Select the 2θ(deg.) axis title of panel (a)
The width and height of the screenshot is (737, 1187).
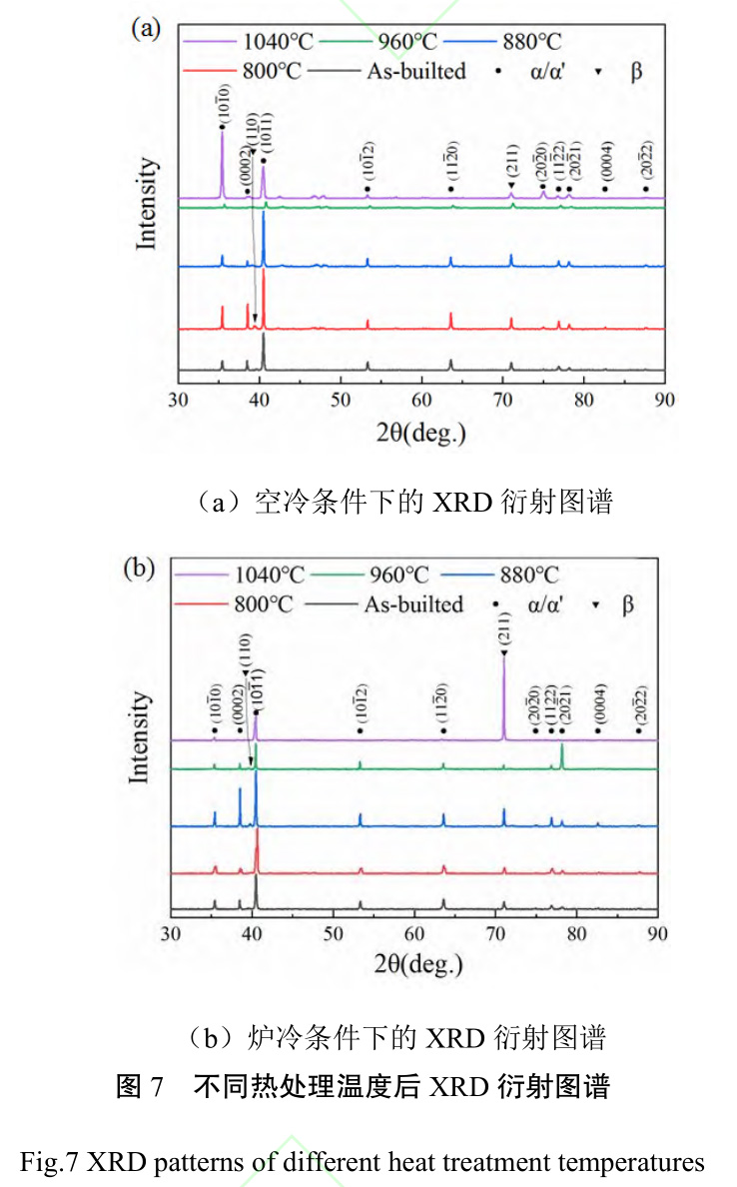coord(420,433)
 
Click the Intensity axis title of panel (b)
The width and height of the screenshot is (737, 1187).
coord(142,736)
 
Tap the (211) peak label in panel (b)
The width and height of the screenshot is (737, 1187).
coord(504,629)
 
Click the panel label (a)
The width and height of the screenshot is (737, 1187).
coord(146,27)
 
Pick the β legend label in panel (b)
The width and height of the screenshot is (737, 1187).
coord(627,603)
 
